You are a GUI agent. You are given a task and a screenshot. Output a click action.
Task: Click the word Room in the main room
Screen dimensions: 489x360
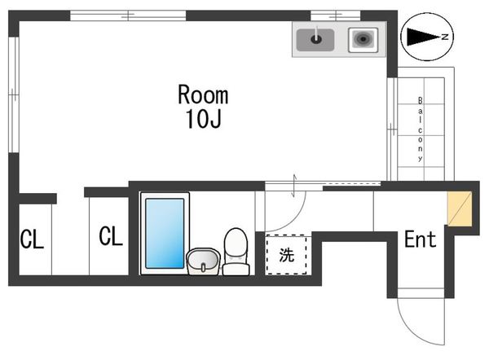pos(203,94)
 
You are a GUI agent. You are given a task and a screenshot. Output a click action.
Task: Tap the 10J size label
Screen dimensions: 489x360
pos(203,118)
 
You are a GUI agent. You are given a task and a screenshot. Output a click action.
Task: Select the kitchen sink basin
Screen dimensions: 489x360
pos(315,40)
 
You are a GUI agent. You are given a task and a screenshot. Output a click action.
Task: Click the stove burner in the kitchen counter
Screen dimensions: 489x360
pos(363,40)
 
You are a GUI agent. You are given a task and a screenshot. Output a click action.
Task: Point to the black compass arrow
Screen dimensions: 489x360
pos(423,37)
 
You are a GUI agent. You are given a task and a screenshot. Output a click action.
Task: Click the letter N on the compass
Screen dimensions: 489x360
pos(445,37)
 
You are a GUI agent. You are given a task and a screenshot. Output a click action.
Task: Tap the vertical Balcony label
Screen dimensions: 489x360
pos(421,129)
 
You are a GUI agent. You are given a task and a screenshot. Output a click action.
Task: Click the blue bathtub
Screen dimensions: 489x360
pos(165,233)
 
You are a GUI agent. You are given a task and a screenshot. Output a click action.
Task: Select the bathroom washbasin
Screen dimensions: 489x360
pos(203,261)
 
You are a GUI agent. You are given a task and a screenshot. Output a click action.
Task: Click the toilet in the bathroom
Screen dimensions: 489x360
pos(236,252)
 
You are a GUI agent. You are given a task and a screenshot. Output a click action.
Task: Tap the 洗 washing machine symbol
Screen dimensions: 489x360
pos(287,255)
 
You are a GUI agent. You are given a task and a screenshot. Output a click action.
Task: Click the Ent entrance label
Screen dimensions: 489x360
pos(420,239)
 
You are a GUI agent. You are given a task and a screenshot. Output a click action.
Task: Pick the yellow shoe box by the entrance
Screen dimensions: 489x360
pos(460,209)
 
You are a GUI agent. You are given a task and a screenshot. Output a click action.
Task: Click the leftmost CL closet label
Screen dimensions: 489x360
pos(32,239)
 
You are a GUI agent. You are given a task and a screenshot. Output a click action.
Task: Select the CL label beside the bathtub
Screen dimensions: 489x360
pos(111,236)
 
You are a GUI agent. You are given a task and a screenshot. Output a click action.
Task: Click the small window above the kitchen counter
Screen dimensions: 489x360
pos(336,15)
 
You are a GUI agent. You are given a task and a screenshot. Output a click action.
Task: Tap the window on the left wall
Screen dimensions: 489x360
pos(14,94)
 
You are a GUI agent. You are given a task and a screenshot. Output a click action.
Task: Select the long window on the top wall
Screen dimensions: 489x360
pos(128,15)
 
